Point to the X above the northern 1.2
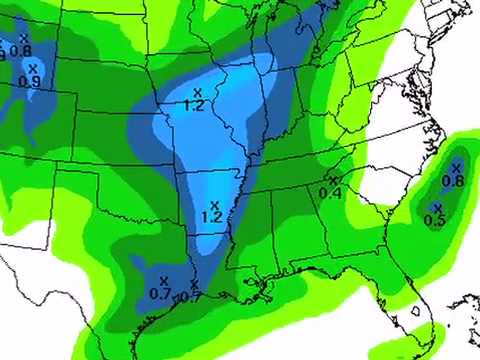(x=197, y=92)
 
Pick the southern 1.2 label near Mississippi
(x=211, y=216)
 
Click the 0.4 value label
(x=331, y=192)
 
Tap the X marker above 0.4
(x=333, y=180)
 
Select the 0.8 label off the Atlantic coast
(x=453, y=181)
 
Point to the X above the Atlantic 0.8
(x=456, y=168)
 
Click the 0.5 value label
(x=435, y=220)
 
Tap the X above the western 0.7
(x=163, y=281)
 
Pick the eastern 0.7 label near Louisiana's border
(x=189, y=297)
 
